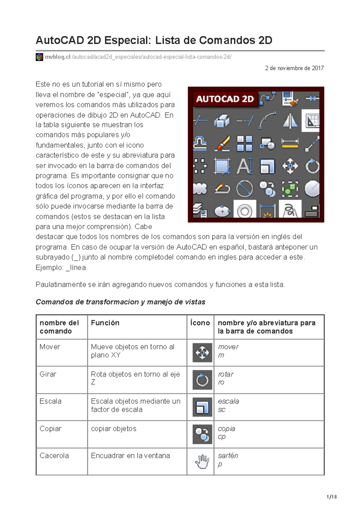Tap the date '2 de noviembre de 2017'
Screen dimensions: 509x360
(x=294, y=68)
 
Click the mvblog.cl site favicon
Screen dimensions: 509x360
(x=39, y=57)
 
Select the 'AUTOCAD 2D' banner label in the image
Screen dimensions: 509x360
(x=225, y=99)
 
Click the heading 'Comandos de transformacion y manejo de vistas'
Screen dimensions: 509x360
(x=120, y=302)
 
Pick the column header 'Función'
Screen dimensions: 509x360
(x=105, y=323)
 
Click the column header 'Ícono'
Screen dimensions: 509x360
(x=200, y=323)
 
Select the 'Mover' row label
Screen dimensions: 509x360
(x=50, y=347)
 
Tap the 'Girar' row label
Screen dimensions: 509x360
(x=48, y=374)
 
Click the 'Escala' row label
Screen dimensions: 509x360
(x=50, y=401)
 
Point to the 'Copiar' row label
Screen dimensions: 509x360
(x=50, y=429)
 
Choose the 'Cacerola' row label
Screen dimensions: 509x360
(x=54, y=456)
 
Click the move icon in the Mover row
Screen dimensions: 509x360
(x=202, y=353)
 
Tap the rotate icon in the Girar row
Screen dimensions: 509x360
(x=202, y=380)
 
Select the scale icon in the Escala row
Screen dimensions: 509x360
(x=202, y=407)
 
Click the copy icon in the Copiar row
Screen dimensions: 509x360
(x=202, y=434)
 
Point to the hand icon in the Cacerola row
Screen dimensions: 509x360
(x=202, y=462)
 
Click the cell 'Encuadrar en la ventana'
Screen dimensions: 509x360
(x=130, y=456)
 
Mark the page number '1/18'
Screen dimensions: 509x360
(x=331, y=497)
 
